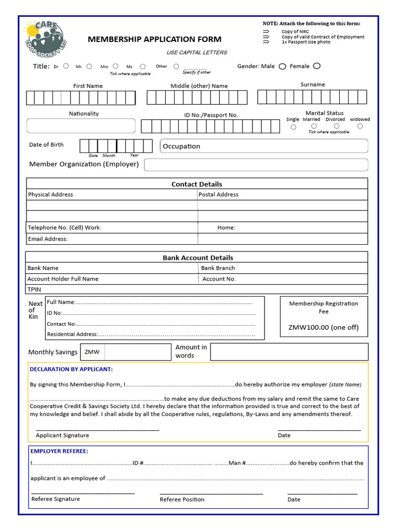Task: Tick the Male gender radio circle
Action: pyautogui.click(x=283, y=66)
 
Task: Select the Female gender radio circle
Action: pyautogui.click(x=317, y=66)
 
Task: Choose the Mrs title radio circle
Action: pyautogui.click(x=115, y=66)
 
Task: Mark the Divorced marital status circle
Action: pyautogui.click(x=337, y=126)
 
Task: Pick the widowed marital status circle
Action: pyautogui.click(x=359, y=126)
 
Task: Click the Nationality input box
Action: pyautogui.click(x=81, y=126)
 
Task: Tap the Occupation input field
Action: pyautogui.click(x=264, y=146)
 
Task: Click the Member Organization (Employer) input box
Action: pyautogui.click(x=256, y=165)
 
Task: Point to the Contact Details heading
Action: pyautogui.click(x=197, y=184)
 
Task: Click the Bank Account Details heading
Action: pyautogui.click(x=198, y=258)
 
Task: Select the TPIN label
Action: pyautogui.click(x=34, y=289)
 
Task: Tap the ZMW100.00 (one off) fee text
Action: pyautogui.click(x=323, y=327)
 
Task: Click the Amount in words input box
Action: pyautogui.click(x=289, y=352)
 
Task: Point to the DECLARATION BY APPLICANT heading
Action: pyautogui.click(x=71, y=369)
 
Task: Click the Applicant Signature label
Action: pyautogui.click(x=62, y=435)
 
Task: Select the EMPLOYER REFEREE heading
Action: pyautogui.click(x=59, y=451)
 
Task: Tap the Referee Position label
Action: pyautogui.click(x=182, y=499)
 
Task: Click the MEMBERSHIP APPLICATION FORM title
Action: pyautogui.click(x=154, y=39)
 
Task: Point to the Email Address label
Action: pyautogui.click(x=48, y=239)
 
